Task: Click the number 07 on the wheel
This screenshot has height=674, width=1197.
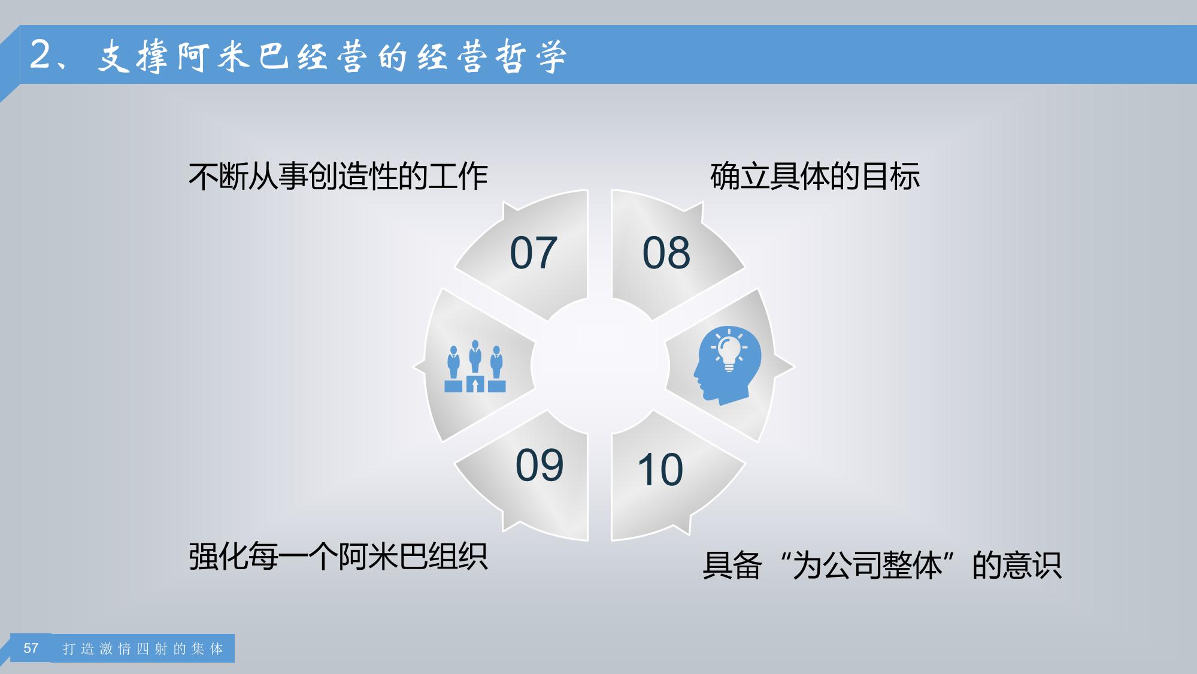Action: coord(534,253)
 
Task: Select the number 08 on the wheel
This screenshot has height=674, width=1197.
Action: coord(666,253)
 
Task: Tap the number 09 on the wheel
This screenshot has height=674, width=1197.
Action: coord(540,465)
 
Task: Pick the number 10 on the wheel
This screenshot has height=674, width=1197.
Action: coord(660,469)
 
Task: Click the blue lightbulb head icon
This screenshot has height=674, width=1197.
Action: coord(728,365)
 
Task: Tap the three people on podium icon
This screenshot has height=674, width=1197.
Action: coord(475,366)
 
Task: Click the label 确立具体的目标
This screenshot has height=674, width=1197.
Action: coord(815,177)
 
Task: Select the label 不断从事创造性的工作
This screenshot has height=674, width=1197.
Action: coord(338,177)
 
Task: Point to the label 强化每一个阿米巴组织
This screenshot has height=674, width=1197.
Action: coord(338,557)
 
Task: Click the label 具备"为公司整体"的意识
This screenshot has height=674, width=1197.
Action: coord(882,566)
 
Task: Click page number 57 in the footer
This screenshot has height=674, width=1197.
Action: coord(31,648)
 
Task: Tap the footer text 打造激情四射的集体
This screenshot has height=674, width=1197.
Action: coord(143,649)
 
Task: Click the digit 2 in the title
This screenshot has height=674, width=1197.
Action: coord(41,55)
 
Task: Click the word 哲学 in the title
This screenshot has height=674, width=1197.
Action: coord(531,57)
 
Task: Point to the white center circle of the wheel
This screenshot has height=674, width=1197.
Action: coord(600,365)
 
